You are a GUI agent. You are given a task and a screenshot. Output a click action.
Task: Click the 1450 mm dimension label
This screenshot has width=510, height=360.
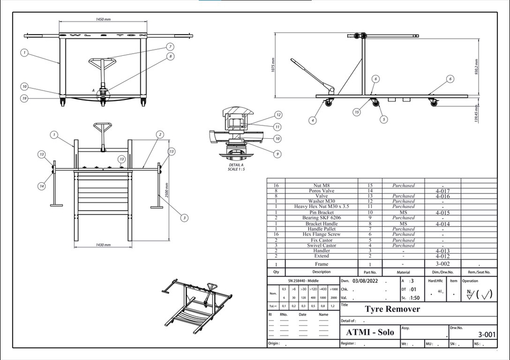click(103, 19)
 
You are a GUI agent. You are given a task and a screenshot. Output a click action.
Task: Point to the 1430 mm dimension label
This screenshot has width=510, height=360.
click(103, 245)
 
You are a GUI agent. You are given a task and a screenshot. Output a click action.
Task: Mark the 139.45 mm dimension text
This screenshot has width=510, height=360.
click(477, 113)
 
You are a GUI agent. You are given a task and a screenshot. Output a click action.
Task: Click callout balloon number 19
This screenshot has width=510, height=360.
click(24, 98)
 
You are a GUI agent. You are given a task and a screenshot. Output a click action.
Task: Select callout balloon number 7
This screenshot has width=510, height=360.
click(171, 46)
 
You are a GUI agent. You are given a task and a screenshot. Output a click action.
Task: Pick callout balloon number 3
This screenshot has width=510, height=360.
click(184, 217)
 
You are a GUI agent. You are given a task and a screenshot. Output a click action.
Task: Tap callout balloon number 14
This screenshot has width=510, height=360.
click(41, 186)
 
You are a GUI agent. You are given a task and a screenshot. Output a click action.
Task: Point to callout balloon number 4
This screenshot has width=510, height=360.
click(313, 121)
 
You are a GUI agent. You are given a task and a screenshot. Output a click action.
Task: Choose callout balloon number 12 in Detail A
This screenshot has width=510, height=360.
click(278, 115)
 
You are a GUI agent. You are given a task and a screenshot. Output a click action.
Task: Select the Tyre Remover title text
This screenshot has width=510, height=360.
click(392, 309)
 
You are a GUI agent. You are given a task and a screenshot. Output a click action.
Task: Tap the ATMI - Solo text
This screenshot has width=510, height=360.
click(370, 332)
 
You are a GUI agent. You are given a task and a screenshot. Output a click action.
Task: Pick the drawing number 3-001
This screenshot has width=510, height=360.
click(486, 334)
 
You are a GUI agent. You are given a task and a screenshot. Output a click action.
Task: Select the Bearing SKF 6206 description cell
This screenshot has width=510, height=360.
click(321, 218)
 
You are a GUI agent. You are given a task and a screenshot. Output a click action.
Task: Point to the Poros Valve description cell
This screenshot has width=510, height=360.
click(321, 190)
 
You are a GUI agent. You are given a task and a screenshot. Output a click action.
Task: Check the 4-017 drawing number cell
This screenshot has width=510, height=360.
click(443, 190)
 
